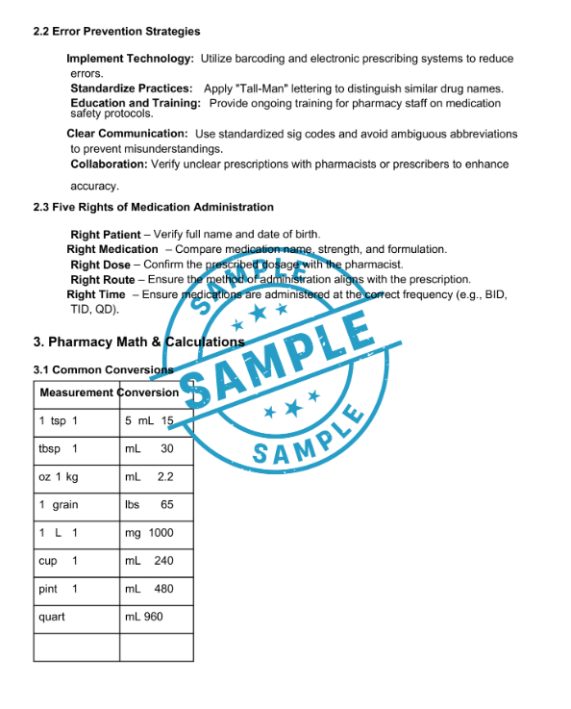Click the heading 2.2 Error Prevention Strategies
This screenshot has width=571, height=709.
pos(116,32)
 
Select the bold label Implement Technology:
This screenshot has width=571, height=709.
pos(130,60)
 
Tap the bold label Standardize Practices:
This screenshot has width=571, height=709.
pos(131,89)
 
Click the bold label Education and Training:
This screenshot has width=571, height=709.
pos(136,103)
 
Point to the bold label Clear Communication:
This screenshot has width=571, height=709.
pos(127,134)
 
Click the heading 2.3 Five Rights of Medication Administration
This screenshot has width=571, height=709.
pos(153,207)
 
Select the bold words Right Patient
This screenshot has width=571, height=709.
pos(105,235)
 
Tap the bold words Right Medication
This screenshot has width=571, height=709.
pos(112,249)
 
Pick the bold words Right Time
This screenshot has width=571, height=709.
pos(96,294)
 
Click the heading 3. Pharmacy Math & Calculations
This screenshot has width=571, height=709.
pos(138,342)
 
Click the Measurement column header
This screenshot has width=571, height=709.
pos(77,392)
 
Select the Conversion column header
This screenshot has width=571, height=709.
pos(150,392)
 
